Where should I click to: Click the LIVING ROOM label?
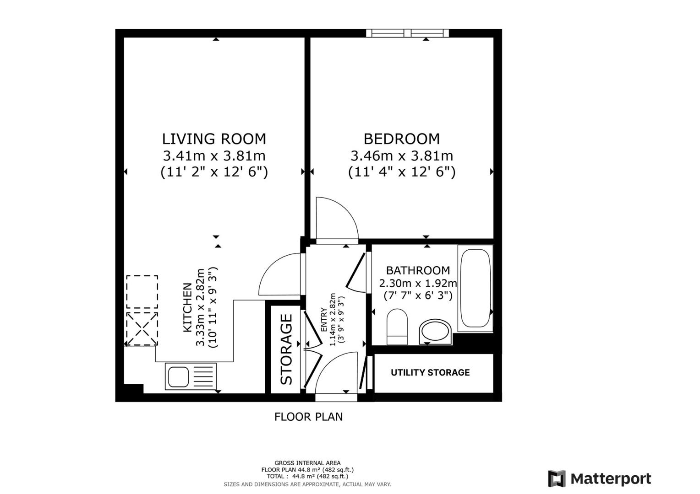214,139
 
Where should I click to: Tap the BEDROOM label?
401,139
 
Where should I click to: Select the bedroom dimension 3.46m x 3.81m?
401,156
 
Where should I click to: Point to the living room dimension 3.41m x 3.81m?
214,156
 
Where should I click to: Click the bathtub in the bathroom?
475,288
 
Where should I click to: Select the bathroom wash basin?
435,331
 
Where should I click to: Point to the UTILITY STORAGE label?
430,373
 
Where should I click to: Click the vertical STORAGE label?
286,349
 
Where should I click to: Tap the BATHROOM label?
418,270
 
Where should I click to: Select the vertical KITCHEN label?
187,307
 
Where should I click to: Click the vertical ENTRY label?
324,320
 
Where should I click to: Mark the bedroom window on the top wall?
407,33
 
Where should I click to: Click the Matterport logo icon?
557,478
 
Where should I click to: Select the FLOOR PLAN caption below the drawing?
308,417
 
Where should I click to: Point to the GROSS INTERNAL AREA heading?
307,463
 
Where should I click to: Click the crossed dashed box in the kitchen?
142,328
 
